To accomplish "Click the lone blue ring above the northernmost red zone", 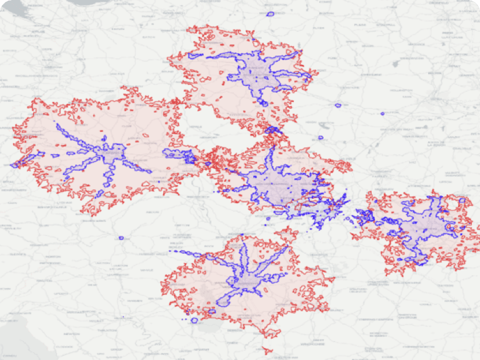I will [x=271, y=14].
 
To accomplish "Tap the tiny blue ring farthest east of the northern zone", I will [x=382, y=114].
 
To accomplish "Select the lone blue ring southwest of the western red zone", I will [x=121, y=238].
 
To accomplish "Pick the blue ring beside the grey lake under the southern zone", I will [x=194, y=320].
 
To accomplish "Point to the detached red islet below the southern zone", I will [x=269, y=349].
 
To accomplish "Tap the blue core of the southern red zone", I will [x=244, y=281].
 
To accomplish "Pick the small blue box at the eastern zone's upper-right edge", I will [x=463, y=201].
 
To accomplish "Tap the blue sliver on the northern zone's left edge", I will [x=195, y=56].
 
